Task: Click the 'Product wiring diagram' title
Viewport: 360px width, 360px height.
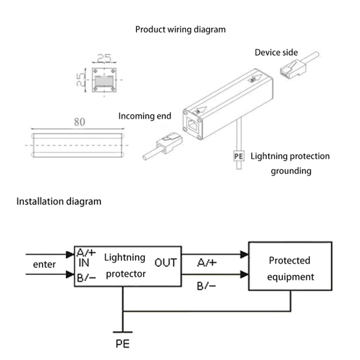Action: [180, 29]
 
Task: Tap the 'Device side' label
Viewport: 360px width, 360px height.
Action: [276, 52]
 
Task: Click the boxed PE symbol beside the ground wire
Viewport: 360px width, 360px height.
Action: [239, 156]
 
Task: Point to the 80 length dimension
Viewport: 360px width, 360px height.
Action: [80, 122]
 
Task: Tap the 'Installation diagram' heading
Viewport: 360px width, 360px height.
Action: [59, 201]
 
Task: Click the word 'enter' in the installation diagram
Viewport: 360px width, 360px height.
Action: [44, 264]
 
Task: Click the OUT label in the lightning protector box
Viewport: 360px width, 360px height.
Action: [165, 263]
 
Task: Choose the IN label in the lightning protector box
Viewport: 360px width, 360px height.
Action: [83, 263]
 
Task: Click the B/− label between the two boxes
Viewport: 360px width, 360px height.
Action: [206, 286]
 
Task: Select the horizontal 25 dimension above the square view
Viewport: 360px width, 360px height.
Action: [105, 59]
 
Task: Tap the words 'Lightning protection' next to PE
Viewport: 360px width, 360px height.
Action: [290, 156]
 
